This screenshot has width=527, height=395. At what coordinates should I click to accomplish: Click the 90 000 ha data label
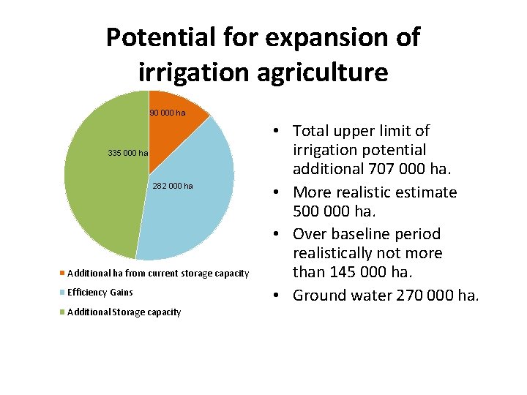168,113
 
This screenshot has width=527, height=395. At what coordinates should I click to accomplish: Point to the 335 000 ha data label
127,153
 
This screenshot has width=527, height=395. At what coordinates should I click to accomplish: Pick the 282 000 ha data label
173,186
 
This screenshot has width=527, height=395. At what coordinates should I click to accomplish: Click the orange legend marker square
63,274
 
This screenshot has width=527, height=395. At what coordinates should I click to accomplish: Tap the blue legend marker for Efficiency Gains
63,293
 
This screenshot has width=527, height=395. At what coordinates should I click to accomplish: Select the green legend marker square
63,312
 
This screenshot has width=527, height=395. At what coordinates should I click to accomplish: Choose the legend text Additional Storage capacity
124,312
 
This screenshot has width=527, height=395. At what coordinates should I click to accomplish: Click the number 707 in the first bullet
367,170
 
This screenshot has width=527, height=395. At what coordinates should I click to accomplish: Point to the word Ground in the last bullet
320,296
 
